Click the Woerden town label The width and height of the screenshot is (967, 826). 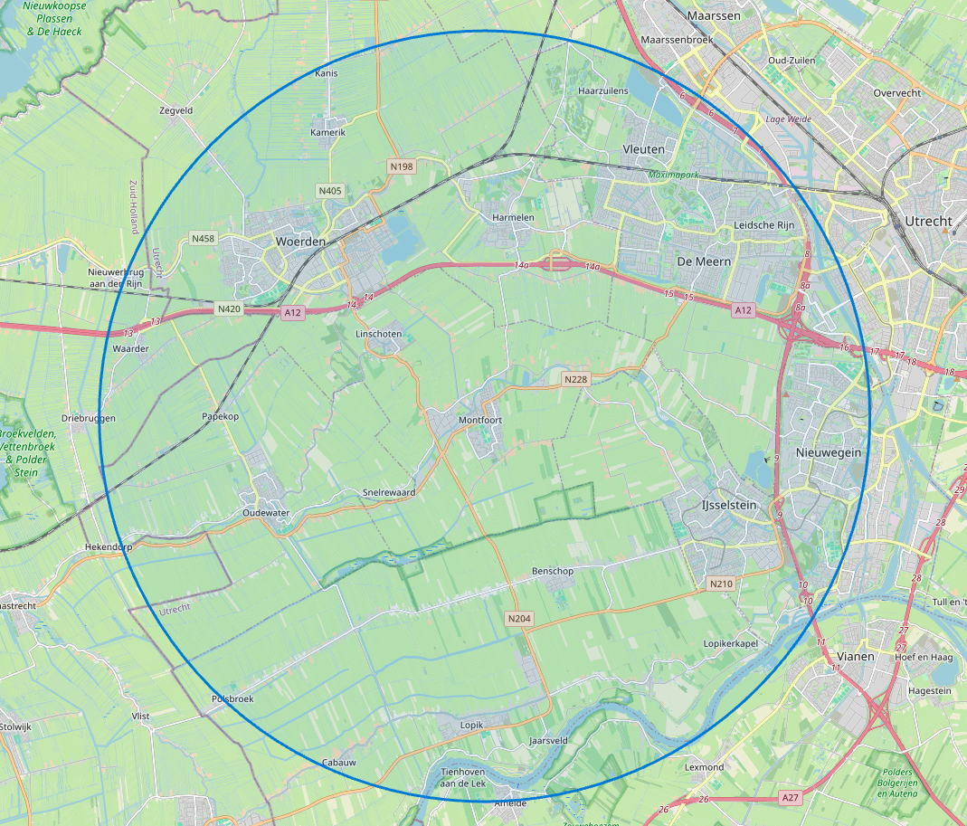pos(299,242)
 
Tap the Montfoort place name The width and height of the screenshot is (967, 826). pos(480,420)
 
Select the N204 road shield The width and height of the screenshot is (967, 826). pos(519,619)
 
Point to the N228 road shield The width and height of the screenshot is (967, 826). pos(575,378)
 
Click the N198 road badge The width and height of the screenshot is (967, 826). pos(401,166)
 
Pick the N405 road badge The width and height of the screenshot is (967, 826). pos(330,190)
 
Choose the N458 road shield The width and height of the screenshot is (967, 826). pos(204,239)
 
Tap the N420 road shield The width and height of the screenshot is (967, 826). pos(229,309)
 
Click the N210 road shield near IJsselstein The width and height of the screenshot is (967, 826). pos(721,584)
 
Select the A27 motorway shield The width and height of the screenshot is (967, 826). pos(791,797)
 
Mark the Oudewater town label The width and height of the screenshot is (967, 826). pos(265,513)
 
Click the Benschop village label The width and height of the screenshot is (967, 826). pos(553,572)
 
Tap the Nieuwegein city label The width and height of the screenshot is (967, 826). pos(828,452)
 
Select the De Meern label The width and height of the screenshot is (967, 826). pos(703,261)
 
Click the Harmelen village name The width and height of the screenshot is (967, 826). pos(514,218)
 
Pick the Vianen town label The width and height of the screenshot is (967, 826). pos(855,657)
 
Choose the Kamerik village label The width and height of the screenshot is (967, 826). pos(328,132)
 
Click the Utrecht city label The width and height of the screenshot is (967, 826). pos(928,222)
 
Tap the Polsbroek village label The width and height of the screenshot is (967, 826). pos(232,698)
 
